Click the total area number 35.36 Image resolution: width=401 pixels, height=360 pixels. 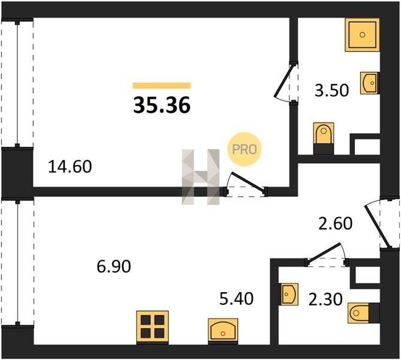tap(162, 105)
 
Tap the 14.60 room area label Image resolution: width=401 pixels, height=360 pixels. tap(70, 167)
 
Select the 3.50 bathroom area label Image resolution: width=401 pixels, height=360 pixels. tap(331, 91)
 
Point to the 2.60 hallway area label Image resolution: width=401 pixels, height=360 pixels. tap(335, 223)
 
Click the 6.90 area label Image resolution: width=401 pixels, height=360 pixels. tap(114, 266)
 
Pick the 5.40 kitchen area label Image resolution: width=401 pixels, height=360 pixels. tap(237, 299)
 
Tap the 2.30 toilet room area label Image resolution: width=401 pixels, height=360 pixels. tap(325, 299)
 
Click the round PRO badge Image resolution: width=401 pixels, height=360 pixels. tap(244, 149)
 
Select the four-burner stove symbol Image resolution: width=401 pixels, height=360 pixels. tap(152, 327)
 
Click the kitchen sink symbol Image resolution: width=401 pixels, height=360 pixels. tap(223, 331)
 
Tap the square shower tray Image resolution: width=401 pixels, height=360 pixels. tap(362, 35)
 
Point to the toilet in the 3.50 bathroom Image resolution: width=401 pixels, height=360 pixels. tap(324, 138)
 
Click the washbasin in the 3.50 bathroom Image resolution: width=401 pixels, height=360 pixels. tap(370, 83)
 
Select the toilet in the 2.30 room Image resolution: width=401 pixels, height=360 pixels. tap(364, 313)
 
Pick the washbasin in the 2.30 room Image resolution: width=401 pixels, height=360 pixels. tap(289, 294)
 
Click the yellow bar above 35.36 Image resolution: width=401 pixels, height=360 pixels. tap(162, 86)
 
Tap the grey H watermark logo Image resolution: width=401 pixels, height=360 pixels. tap(200, 177)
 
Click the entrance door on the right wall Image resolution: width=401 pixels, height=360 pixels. tap(382, 223)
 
